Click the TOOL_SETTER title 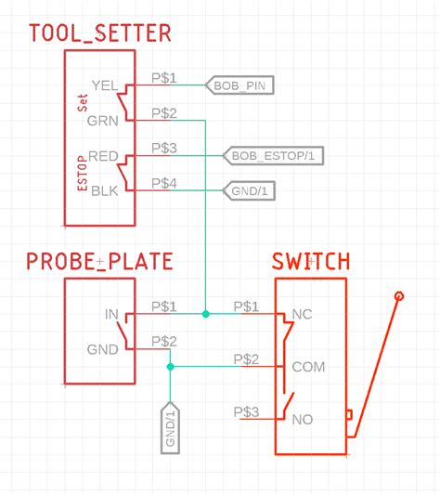100,34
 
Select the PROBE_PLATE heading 99,262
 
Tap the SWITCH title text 311,262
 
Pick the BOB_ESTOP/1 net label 276,156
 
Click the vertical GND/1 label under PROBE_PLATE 171,428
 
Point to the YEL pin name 104,85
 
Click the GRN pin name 102,121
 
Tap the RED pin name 102,156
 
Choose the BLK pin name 104,191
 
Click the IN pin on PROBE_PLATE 111,314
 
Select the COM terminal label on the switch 308,367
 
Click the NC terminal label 302,314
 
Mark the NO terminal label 302,420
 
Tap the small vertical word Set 82,102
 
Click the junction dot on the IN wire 205,314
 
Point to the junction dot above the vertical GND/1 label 170,367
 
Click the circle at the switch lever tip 399,295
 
